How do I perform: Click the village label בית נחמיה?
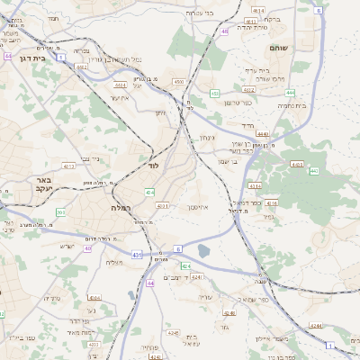[x=292, y=104]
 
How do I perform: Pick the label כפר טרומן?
[x=234, y=102]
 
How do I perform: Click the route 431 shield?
[x=137, y=256]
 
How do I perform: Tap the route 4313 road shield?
[x=67, y=166]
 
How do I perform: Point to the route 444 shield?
[x=290, y=92]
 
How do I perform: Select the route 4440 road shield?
[x=237, y=132]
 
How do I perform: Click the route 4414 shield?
[x=258, y=11]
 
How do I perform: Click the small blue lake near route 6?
[x=203, y=253]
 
